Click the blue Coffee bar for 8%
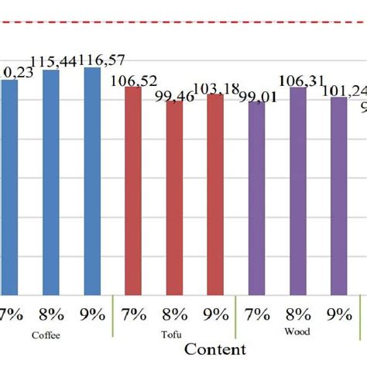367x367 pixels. pos(51,182)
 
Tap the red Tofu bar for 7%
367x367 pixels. pos(133,190)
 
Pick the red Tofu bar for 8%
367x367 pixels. pos(175,197)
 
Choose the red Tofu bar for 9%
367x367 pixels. pos(215,194)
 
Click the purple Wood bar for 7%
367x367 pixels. pos(256,197)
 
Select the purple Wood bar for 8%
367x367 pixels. pos(298,190)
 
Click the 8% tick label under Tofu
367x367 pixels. pos(174,315)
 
